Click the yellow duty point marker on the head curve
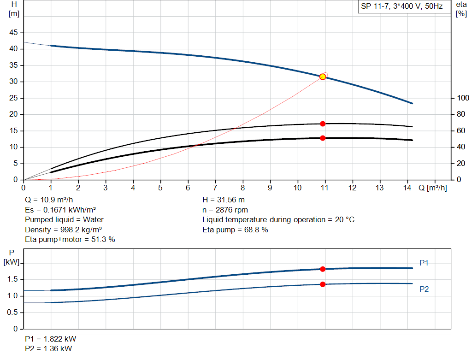click(x=323, y=77)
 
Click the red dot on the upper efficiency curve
click(x=323, y=124)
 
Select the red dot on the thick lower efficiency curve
click(x=323, y=138)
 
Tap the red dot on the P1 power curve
click(x=323, y=269)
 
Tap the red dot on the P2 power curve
click(x=323, y=284)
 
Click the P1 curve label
click(x=424, y=263)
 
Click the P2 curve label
click(x=424, y=289)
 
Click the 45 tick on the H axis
click(x=13, y=33)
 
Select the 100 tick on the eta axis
click(x=462, y=98)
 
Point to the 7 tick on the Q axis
click(x=215, y=188)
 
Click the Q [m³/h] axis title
click(x=432, y=188)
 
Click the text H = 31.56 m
click(x=224, y=200)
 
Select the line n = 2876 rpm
click(x=225, y=210)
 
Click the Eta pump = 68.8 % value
click(x=235, y=230)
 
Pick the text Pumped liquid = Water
click(x=64, y=219)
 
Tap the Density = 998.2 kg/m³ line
click(x=63, y=230)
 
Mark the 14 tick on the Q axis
click(x=407, y=188)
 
